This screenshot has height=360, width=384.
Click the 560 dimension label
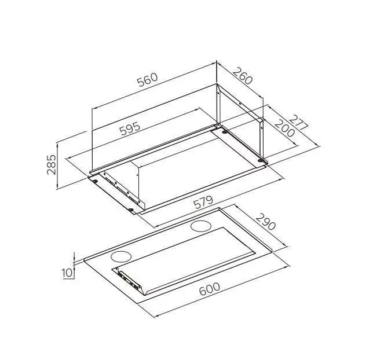click(148, 79)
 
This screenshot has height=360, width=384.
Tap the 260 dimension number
click(243, 76)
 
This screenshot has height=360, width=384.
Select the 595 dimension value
click(130, 128)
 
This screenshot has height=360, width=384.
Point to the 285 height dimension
click(52, 164)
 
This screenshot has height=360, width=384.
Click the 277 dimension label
click(298, 123)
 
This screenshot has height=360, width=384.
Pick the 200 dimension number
click(284, 128)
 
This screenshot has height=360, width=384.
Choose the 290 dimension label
click(266, 222)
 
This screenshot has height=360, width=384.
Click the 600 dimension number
click(210, 289)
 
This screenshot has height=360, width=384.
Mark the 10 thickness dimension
click(68, 273)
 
